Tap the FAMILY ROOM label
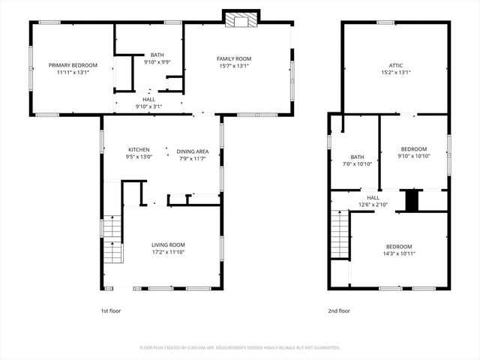(x=234, y=58)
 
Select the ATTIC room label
(x=396, y=65)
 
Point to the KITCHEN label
(x=139, y=149)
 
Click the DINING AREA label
(x=193, y=151)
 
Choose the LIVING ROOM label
(x=168, y=244)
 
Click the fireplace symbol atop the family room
(x=241, y=19)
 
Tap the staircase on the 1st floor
(x=112, y=238)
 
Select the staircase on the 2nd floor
(x=340, y=234)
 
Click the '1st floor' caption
(x=110, y=310)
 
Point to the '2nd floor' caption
(x=338, y=310)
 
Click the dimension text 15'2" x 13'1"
(x=396, y=73)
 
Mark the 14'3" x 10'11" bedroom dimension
(x=399, y=253)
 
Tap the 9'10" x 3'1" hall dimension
(x=148, y=106)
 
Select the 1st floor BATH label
(x=157, y=55)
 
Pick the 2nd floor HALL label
(x=373, y=197)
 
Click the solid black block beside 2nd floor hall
(x=411, y=201)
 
